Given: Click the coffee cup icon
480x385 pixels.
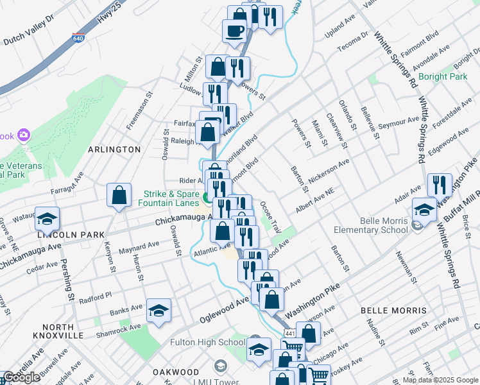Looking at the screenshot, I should coord(234,30).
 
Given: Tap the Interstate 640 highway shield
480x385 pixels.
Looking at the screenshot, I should coord(78,38).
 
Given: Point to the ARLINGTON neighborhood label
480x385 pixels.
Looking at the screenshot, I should coord(114,150).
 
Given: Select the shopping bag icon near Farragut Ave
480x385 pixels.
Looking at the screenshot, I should coord(119,196).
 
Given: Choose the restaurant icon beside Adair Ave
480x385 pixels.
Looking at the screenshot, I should coord(440,184).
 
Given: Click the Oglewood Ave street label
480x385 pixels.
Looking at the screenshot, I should coord(224,310).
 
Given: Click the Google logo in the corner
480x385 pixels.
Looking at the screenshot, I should coord(22,377).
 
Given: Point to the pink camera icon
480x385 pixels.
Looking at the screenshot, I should coord(24,135).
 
